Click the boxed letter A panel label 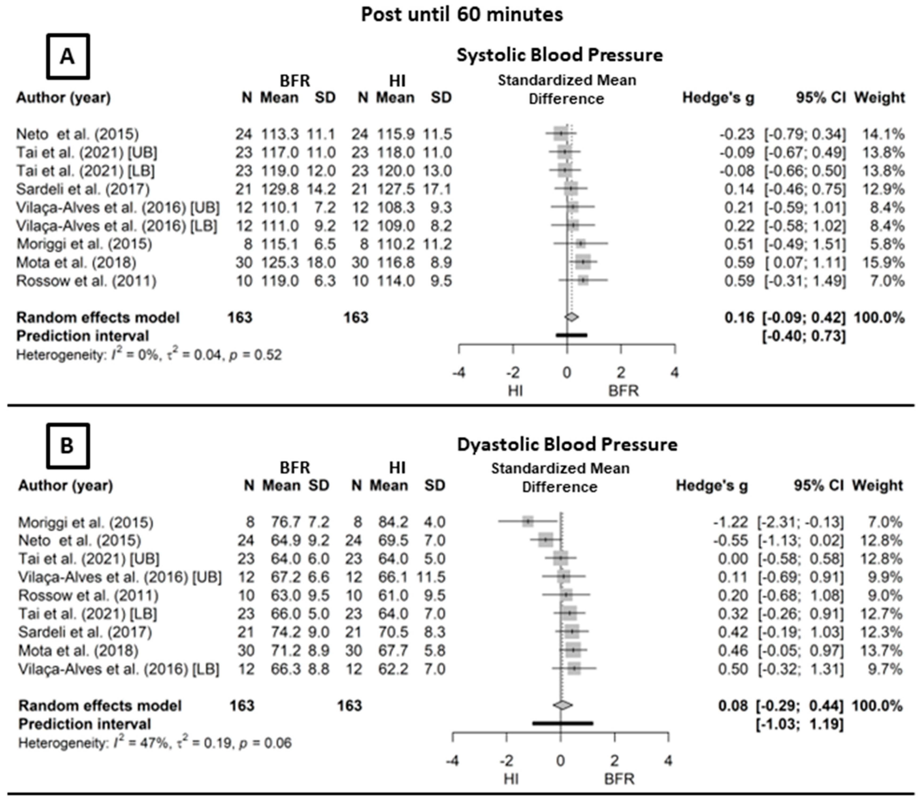click(x=68, y=56)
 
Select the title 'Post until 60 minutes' click(x=461, y=15)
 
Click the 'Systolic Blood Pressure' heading click(x=559, y=55)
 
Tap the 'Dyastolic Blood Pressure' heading click(x=567, y=444)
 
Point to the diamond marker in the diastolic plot click(x=563, y=705)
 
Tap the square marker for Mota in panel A click(x=583, y=262)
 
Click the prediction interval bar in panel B click(x=563, y=723)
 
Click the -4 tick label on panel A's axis click(x=459, y=373)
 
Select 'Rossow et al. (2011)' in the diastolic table click(x=88, y=596)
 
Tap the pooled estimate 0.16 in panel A click(x=739, y=318)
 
